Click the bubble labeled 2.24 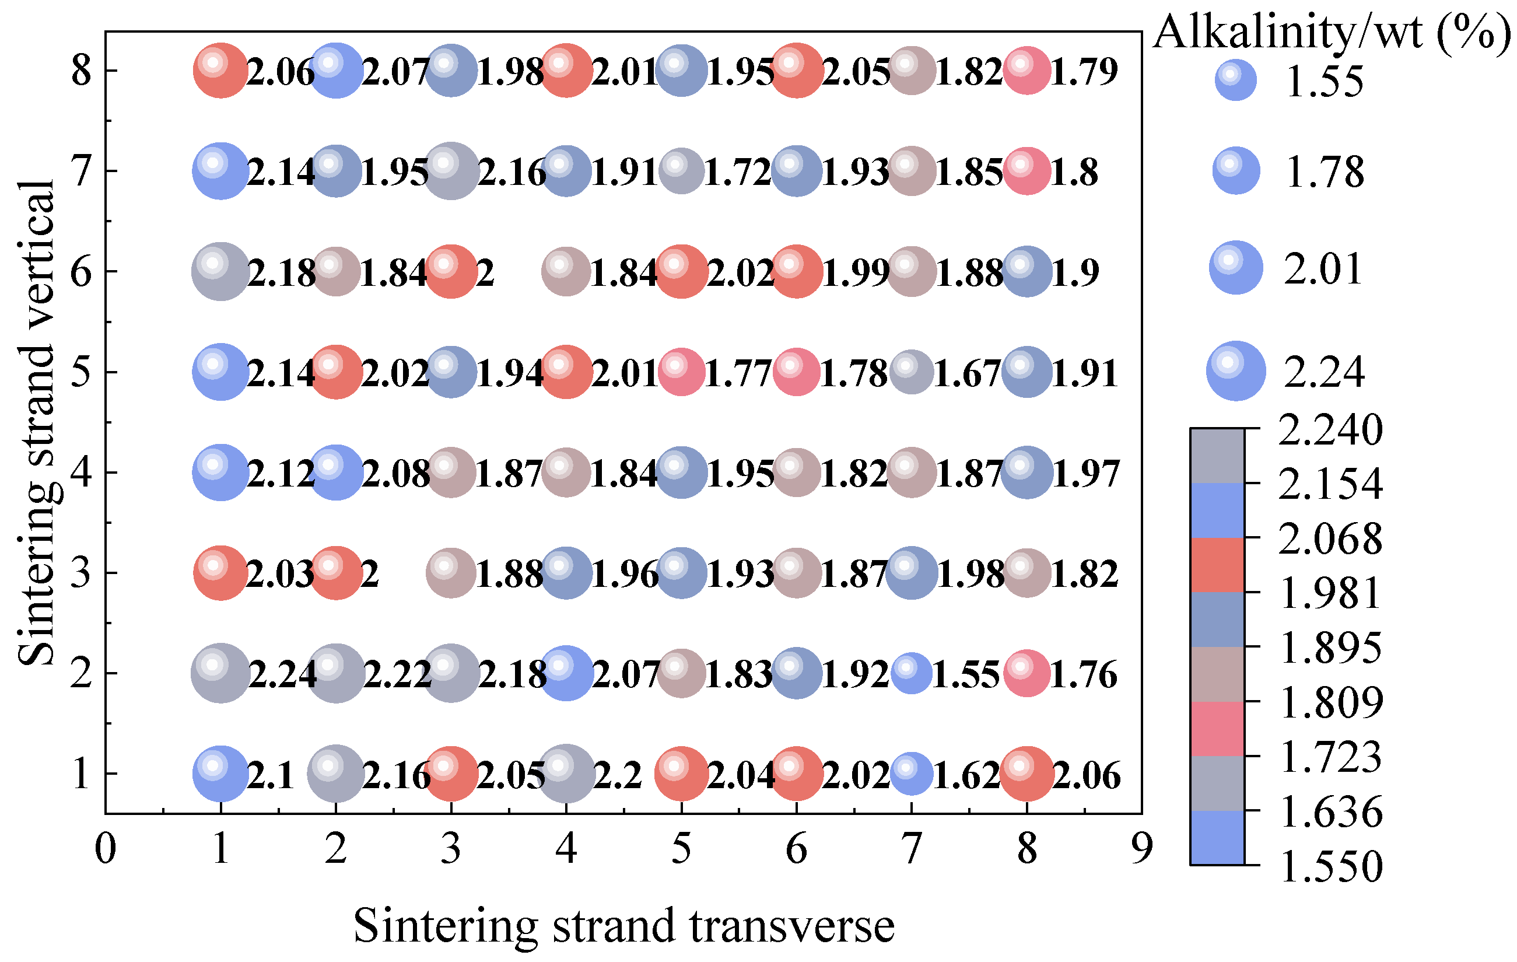point(220,673)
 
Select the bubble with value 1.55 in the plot point(912,673)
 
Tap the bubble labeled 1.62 point(912,774)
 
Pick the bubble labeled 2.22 point(336,673)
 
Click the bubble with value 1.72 point(682,171)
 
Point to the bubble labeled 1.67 point(912,372)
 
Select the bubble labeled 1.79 point(1027,71)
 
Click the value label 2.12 point(281,474)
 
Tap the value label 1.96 point(626,575)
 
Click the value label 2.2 point(618,775)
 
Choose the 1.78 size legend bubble point(1236,171)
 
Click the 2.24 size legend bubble point(1236,370)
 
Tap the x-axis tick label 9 point(1141,849)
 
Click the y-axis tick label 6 point(81,272)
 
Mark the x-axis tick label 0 point(105,849)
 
